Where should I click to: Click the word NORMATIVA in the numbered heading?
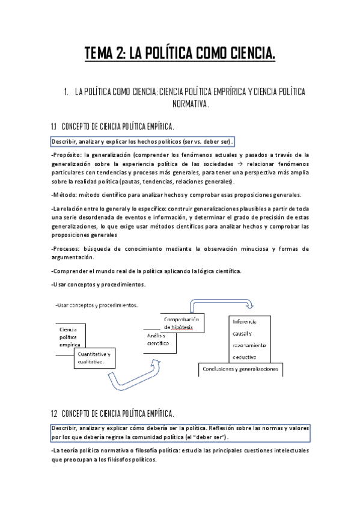click(x=180, y=103)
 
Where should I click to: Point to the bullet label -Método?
click(x=67, y=194)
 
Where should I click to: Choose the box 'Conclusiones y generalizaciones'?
click(x=240, y=369)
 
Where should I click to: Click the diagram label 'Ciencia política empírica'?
click(x=70, y=337)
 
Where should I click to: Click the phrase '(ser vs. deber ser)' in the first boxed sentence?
click(x=208, y=141)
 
